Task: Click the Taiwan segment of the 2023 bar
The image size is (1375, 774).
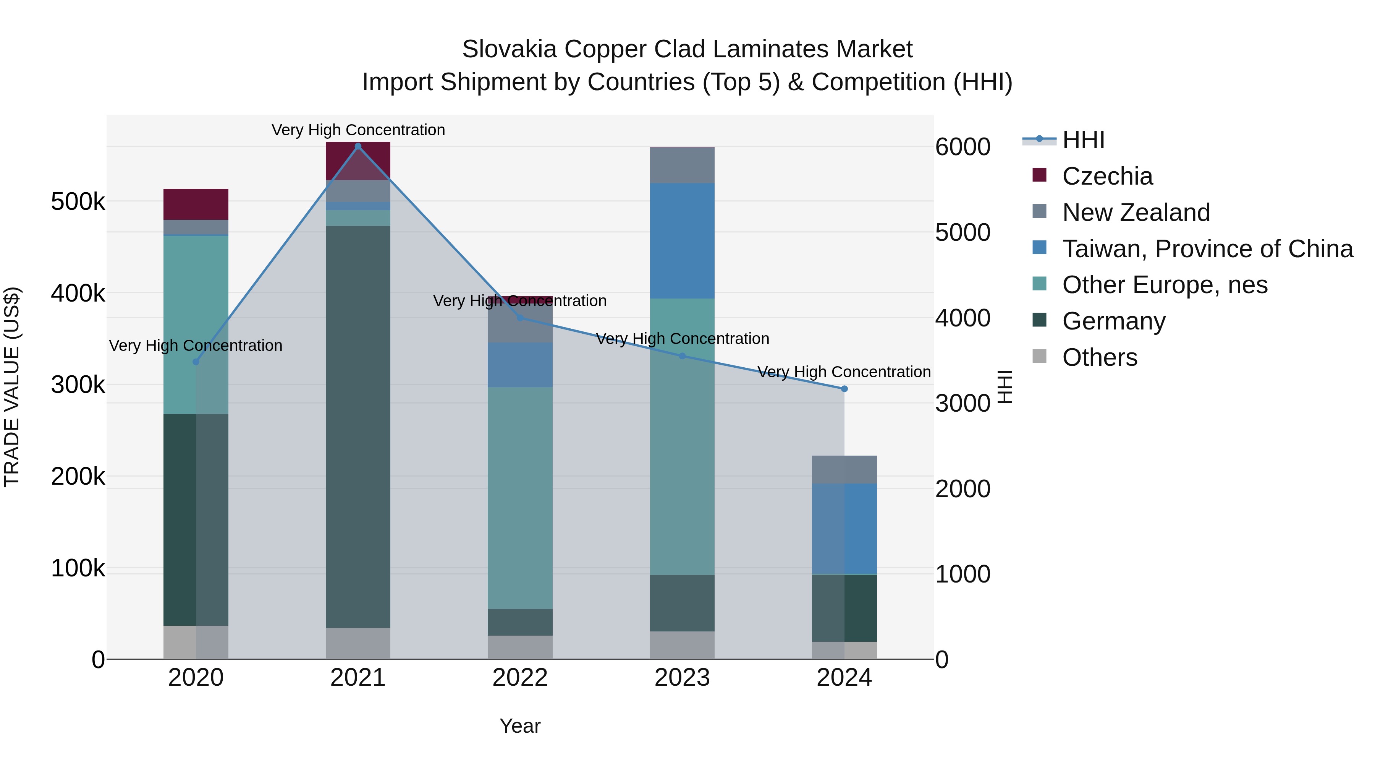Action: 682,240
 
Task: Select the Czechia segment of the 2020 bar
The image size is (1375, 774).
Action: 196,204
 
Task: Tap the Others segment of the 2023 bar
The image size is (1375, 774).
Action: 682,645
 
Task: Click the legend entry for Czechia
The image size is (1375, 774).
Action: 1107,176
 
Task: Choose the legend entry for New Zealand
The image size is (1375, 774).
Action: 1136,213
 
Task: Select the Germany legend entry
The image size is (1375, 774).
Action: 1113,321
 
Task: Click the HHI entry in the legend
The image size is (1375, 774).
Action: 1083,140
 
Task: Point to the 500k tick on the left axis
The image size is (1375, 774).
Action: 78,202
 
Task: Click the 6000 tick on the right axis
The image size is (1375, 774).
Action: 963,147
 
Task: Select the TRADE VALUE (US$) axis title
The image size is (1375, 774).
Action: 12,387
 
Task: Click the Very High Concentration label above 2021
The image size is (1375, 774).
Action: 358,130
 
